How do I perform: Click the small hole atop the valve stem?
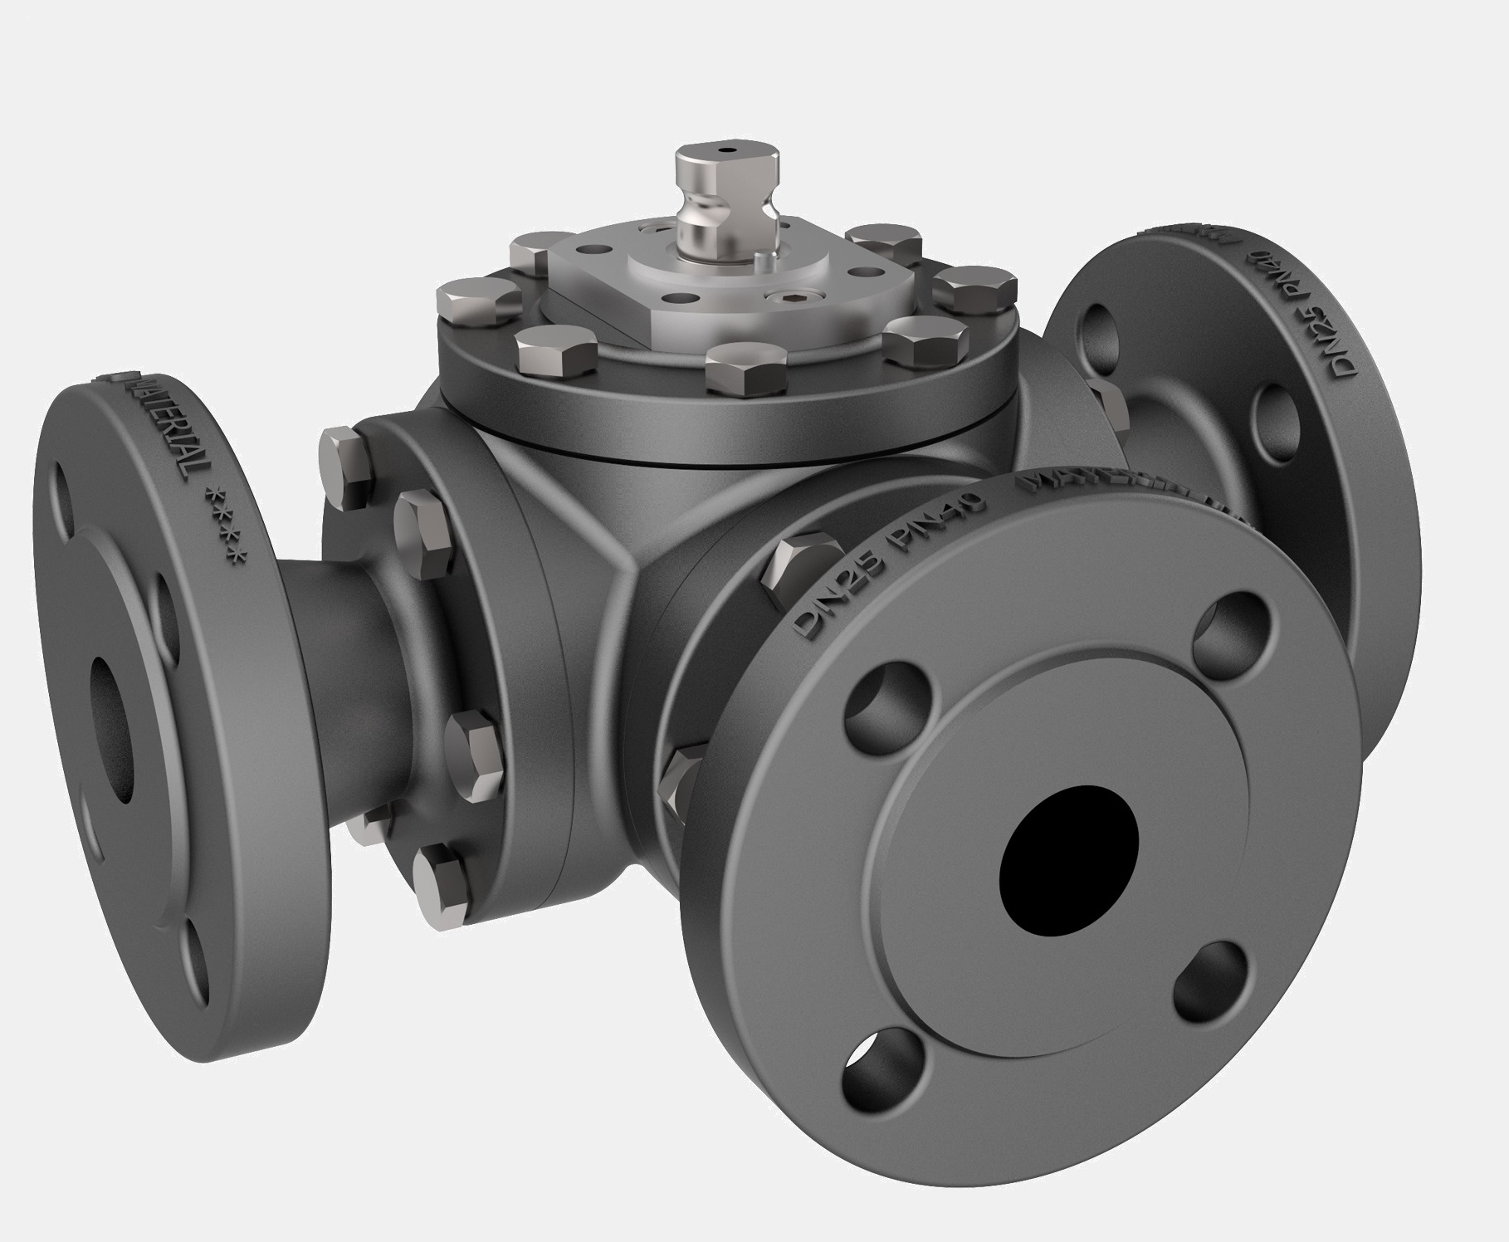pyautogui.click(x=729, y=152)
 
